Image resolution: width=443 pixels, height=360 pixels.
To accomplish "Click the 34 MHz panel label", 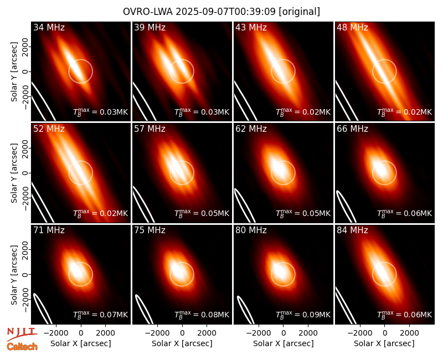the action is (x=49, y=27).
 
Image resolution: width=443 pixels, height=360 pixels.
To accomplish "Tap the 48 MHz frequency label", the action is (x=352, y=27).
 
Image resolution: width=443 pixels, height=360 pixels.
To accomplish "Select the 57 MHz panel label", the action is (x=150, y=129).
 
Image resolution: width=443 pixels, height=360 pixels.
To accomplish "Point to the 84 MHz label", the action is (x=352, y=230).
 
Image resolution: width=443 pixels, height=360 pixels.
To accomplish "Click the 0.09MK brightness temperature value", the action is (x=316, y=315).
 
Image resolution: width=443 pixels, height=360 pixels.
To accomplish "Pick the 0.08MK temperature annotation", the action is (x=215, y=315).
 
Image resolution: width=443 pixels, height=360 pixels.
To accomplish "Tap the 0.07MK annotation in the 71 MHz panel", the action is (x=114, y=315).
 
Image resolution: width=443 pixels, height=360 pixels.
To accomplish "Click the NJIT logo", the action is (x=21, y=334).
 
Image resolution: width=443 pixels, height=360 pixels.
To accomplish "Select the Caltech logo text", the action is (x=22, y=347).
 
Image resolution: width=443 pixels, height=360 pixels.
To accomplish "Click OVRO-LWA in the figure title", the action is (x=148, y=12).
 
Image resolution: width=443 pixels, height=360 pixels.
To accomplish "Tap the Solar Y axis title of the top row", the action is (x=14, y=72).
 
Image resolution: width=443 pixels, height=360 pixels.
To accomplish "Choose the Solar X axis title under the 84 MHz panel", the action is (x=384, y=343).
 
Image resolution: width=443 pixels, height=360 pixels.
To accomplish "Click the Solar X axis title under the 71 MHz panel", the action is (x=81, y=343).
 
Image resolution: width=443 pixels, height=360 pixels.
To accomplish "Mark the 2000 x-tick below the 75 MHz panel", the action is (x=207, y=333).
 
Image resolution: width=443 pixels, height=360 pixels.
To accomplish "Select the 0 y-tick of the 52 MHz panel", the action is (x=25, y=173).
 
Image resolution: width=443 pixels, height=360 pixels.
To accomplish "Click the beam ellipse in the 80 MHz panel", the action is (x=245, y=310).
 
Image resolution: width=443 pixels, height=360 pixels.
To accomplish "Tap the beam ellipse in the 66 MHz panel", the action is (x=347, y=207).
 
